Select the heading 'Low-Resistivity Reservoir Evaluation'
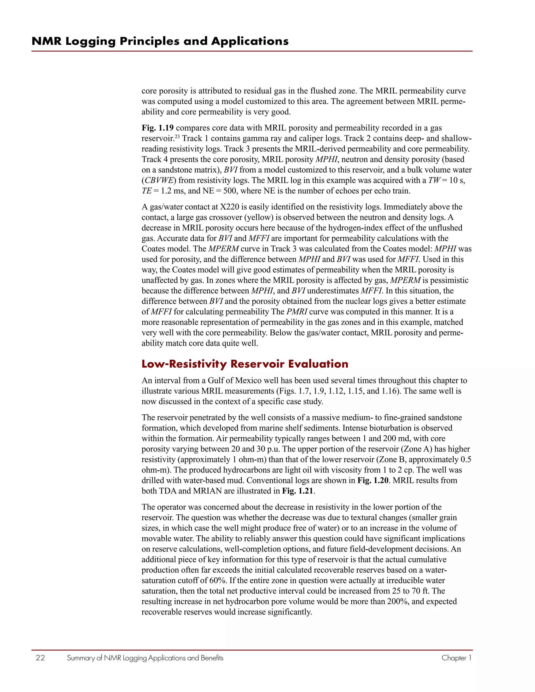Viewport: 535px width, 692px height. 245,364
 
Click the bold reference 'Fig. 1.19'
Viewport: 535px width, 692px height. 158,128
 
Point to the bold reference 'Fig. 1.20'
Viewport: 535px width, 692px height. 373,480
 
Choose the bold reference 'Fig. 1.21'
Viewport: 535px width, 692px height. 298,491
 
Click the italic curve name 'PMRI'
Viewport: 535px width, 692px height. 297,312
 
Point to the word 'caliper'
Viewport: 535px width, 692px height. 328,138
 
